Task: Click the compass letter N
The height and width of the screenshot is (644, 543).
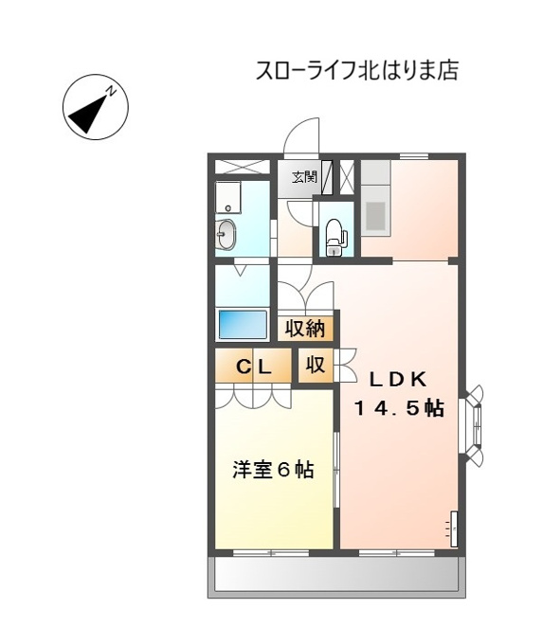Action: pos(111,91)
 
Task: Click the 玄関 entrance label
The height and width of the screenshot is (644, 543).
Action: pos(304,177)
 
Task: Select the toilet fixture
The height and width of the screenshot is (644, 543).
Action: pos(335,238)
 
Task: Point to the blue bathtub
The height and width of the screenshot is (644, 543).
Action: pos(243,324)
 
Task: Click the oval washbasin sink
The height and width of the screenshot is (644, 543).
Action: pos(226,234)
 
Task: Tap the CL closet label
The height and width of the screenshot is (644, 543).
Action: pos(253,367)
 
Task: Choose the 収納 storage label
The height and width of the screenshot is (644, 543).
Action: pos(305,329)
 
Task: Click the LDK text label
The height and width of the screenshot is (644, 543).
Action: pos(398,380)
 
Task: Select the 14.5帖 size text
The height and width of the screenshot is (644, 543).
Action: pos(399,409)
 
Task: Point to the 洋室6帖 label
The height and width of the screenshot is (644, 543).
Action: pos(273,470)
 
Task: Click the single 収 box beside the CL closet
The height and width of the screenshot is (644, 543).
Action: pos(316,366)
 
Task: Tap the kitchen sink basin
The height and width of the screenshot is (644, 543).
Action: pos(375,215)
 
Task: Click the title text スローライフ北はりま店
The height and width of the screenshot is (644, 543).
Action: pos(357,71)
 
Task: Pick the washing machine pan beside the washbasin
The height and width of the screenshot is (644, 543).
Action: pos(227,198)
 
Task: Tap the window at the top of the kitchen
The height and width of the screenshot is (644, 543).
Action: pos(414,155)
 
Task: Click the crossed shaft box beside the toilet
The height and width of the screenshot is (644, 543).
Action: pos(346,177)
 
